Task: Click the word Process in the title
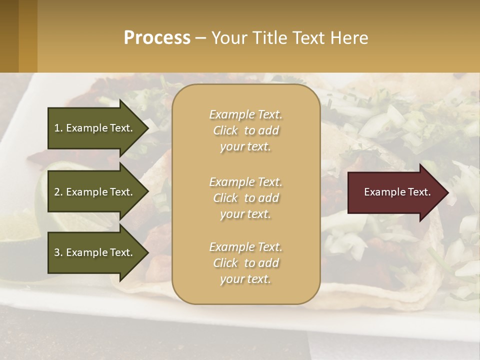click(157, 37)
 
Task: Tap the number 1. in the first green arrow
click(58, 128)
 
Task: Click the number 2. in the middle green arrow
click(58, 192)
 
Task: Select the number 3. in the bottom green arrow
click(58, 252)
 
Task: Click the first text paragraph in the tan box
click(245, 130)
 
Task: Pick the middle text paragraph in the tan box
click(245, 198)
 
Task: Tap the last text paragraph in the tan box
click(245, 263)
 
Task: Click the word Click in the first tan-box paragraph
click(225, 130)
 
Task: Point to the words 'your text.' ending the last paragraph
click(245, 279)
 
